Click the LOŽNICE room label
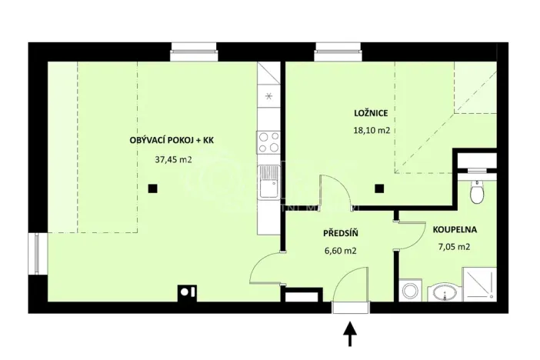(371, 114)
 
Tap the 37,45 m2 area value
(173, 160)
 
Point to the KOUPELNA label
(455, 229)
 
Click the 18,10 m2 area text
(371, 131)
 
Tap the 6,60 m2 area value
(338, 250)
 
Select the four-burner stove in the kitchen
(268, 142)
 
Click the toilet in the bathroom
(477, 192)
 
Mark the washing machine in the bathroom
(410, 292)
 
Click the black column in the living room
(154, 188)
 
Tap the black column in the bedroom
(378, 188)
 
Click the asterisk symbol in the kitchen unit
(268, 96)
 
